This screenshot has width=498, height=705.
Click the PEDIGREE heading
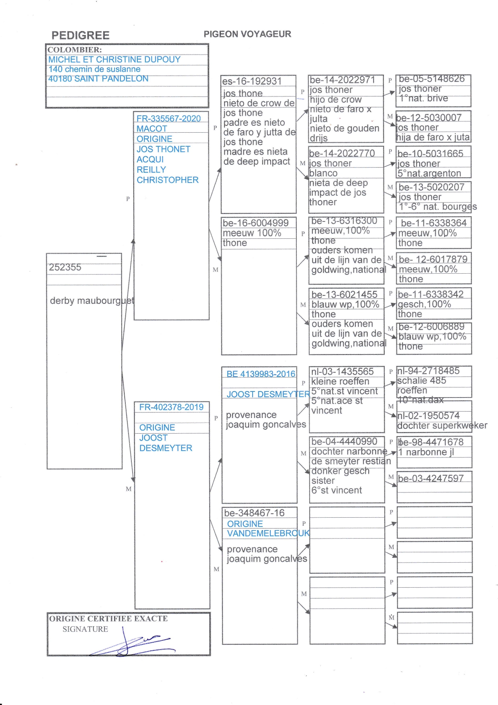click(80, 35)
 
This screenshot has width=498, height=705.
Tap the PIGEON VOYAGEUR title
click(247, 34)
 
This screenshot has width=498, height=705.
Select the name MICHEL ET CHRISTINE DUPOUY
click(114, 59)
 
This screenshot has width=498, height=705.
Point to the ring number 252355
click(65, 267)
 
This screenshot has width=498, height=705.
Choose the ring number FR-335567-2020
click(168, 119)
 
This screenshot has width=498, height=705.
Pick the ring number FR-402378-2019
click(171, 407)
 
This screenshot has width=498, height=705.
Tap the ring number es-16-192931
click(252, 81)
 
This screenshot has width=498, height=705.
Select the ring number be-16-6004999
click(255, 223)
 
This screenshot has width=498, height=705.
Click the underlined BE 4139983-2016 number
click(261, 374)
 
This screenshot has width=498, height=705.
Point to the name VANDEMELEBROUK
click(268, 533)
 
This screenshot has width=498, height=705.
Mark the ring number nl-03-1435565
click(342, 371)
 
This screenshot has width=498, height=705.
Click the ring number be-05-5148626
click(432, 79)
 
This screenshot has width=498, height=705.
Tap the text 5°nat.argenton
click(429, 174)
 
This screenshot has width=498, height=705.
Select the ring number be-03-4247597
click(431, 478)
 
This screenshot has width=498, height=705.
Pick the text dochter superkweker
click(442, 426)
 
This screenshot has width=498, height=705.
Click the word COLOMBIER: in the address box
click(75, 50)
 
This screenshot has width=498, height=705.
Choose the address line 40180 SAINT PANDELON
click(98, 79)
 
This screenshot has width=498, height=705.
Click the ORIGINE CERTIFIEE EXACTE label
click(108, 619)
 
